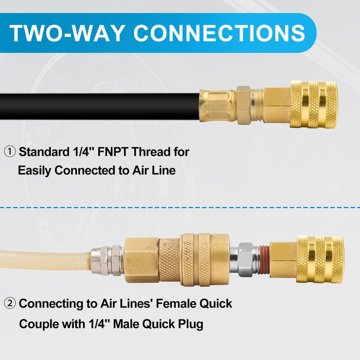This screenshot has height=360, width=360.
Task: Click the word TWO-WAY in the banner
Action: (x=67, y=33)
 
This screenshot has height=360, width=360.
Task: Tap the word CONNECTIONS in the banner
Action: (x=219, y=33)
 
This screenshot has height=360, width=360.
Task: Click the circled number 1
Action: (x=10, y=152)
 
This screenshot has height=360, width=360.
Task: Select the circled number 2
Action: (x=10, y=303)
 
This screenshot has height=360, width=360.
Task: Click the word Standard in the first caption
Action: (x=44, y=152)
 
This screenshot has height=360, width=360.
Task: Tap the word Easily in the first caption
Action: (x=35, y=171)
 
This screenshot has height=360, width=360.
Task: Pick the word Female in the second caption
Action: (x=176, y=303)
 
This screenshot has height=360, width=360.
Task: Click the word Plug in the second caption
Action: (x=191, y=324)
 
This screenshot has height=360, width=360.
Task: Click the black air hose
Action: (x=99, y=106)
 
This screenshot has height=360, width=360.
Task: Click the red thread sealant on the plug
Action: (x=265, y=260)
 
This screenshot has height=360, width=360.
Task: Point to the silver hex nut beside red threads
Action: (x=245, y=259)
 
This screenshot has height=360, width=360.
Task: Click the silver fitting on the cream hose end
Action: (x=107, y=261)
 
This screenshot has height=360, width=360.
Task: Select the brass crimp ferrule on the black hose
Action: (x=218, y=106)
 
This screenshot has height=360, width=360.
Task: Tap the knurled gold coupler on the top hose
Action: (x=314, y=104)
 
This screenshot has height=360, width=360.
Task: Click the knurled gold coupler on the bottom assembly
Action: (x=320, y=259)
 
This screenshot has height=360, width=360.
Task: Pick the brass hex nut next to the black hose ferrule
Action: (x=244, y=105)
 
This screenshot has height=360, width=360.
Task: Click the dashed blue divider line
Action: (x=180, y=207)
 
